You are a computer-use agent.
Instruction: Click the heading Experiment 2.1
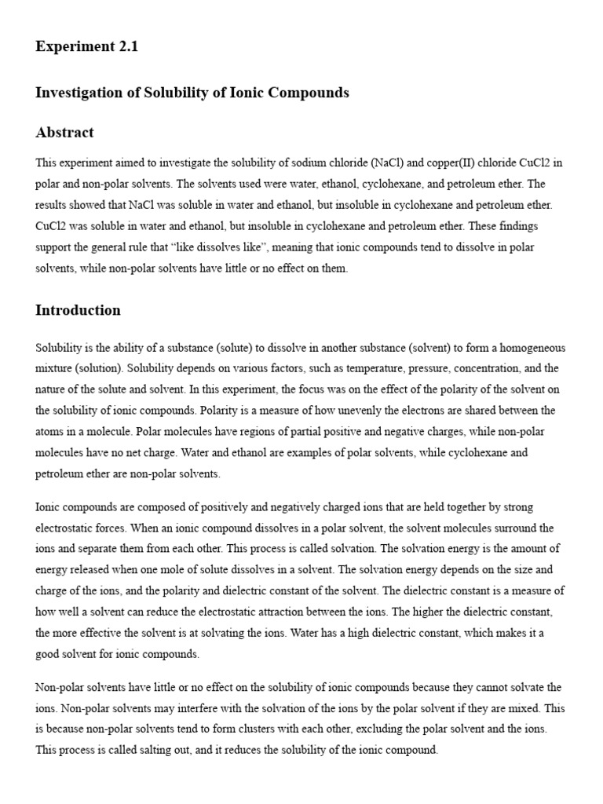coord(86,46)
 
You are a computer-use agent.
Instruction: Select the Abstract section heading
coord(64,132)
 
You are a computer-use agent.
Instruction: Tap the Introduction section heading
coord(78,309)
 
